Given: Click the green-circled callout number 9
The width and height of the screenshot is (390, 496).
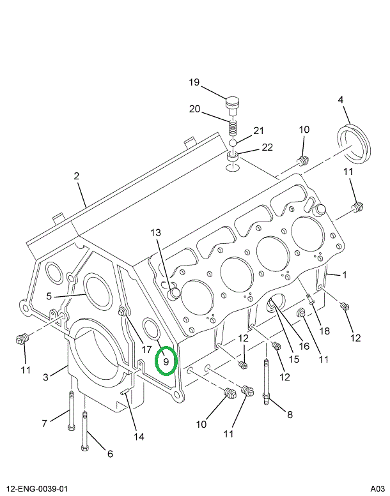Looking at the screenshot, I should click(166, 362).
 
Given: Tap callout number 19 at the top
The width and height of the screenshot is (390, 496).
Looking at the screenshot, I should click(194, 82).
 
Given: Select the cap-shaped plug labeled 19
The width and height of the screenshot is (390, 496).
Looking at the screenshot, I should click(235, 103).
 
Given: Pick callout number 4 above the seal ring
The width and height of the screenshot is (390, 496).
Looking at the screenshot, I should click(341, 100).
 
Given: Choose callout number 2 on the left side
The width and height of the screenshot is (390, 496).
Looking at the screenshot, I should click(76, 176).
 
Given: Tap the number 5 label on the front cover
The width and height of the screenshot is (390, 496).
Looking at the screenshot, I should click(49, 296).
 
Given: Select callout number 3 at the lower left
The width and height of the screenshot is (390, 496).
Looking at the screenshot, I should click(46, 377).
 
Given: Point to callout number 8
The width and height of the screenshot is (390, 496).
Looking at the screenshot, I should click(290, 414).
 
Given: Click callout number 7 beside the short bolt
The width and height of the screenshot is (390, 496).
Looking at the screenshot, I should click(44, 423).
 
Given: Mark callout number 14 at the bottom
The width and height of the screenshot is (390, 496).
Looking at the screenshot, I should click(139, 437).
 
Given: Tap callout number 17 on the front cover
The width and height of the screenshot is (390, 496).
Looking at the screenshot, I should click(146, 349).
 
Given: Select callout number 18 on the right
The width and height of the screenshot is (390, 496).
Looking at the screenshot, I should click(325, 331).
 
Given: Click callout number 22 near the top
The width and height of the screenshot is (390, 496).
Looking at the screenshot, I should click(267, 147).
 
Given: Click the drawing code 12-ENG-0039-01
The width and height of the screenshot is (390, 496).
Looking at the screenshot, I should click(36, 489).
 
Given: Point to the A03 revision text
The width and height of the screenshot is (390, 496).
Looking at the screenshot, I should click(377, 489).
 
